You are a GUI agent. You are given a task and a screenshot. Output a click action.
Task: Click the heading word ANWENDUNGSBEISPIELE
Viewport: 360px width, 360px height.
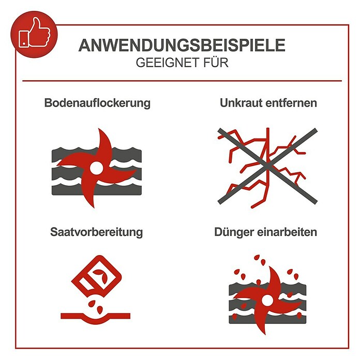click(x=182, y=46)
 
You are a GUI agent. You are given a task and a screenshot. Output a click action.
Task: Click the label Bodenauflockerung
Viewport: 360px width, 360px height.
click(x=97, y=103)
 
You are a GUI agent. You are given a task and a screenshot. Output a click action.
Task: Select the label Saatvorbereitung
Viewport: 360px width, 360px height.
click(x=96, y=232)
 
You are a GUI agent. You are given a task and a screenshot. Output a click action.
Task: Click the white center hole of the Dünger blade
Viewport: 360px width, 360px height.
click(x=267, y=300)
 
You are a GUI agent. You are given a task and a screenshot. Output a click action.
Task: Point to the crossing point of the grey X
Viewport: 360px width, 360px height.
click(x=267, y=166)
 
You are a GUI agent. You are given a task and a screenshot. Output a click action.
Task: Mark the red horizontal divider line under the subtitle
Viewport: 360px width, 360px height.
click(x=182, y=81)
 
